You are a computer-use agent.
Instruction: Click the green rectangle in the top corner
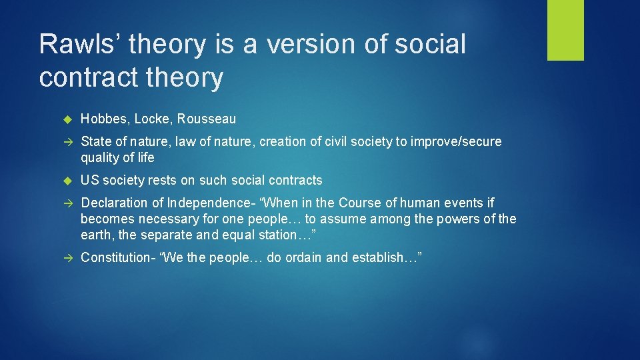(x=565, y=30)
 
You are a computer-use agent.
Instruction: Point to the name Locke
(x=152, y=119)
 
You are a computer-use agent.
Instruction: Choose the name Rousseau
(x=207, y=119)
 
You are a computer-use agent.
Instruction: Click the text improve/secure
(x=459, y=141)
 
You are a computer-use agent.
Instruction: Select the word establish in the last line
(x=385, y=257)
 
